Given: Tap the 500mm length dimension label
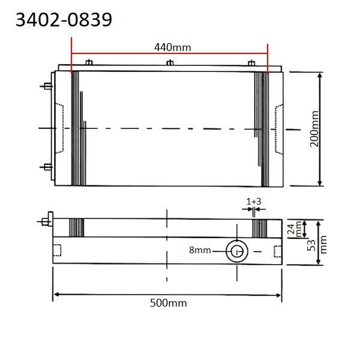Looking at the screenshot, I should click(x=168, y=303).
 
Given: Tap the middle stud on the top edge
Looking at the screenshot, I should click(x=170, y=62).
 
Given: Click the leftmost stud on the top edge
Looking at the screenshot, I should click(x=88, y=62).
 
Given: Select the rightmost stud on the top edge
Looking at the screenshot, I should click(x=251, y=62).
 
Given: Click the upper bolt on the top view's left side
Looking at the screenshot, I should click(x=46, y=86).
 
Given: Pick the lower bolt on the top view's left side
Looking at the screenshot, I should click(x=46, y=166).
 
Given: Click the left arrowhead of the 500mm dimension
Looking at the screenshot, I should click(x=57, y=294).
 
